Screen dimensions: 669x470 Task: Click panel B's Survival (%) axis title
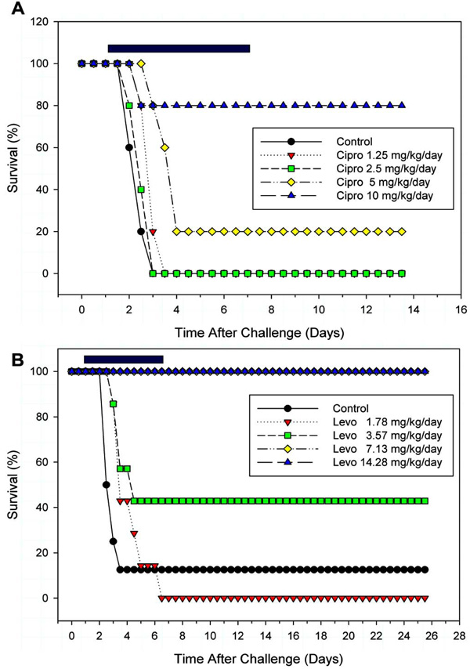tap(16, 485)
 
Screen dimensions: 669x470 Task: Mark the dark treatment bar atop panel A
tap(179, 49)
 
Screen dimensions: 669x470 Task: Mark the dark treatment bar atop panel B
tap(123, 360)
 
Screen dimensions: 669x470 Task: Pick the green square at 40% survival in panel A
tap(141, 190)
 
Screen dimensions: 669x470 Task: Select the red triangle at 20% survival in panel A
tap(153, 232)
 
